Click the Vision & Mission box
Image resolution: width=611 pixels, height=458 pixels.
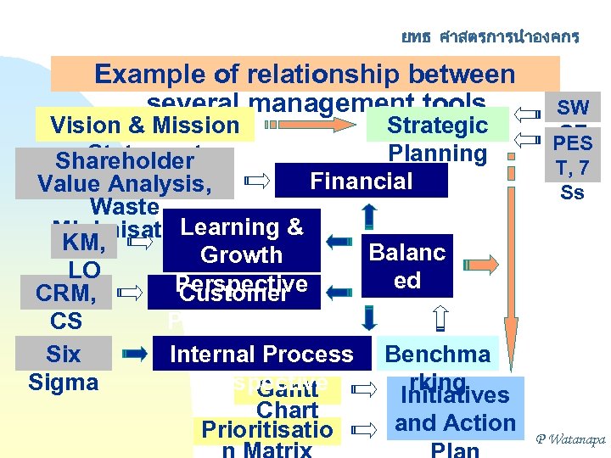tap(144, 126)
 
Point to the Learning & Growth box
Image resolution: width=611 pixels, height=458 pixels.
tap(242, 240)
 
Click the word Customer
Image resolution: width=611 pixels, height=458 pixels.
tap(235, 294)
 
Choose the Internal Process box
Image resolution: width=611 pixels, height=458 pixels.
tap(261, 354)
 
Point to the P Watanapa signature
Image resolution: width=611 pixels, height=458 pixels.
tap(569, 439)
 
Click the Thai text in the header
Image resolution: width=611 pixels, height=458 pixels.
tap(490, 36)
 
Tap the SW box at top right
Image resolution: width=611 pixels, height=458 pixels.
tap(573, 108)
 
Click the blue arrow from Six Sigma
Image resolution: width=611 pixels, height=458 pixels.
tap(136, 354)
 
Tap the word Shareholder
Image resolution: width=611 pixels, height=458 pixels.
tap(125, 161)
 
